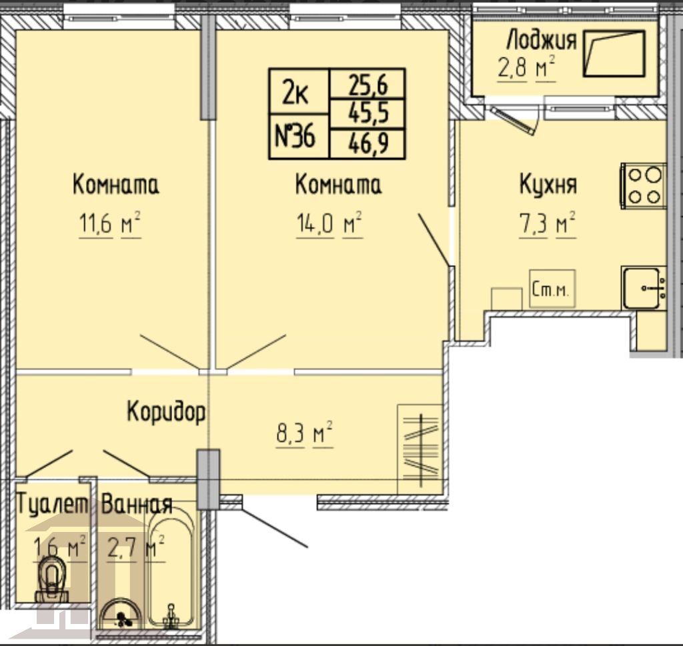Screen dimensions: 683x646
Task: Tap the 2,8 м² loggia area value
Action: pyautogui.click(x=527, y=69)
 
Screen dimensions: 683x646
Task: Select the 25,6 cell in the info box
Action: pyautogui.click(x=368, y=84)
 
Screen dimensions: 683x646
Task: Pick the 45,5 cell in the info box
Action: pyautogui.click(x=368, y=113)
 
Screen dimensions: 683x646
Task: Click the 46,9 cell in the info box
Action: pyautogui.click(x=368, y=143)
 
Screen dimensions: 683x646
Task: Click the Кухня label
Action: pyautogui.click(x=548, y=185)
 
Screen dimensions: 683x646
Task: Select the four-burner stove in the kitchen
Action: pyautogui.click(x=644, y=186)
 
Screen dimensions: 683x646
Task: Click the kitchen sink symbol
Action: pyautogui.click(x=644, y=288)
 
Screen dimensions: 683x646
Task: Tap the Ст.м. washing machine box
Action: pyautogui.click(x=552, y=289)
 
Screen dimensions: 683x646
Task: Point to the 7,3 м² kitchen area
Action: pyautogui.click(x=548, y=224)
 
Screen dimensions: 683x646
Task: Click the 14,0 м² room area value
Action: pyautogui.click(x=329, y=224)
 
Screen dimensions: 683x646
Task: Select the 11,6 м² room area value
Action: pyautogui.click(x=110, y=224)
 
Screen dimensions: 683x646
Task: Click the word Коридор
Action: pyautogui.click(x=166, y=411)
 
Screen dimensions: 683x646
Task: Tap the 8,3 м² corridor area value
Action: pyautogui.click(x=304, y=433)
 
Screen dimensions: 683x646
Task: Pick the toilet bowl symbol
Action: pyautogui.click(x=52, y=579)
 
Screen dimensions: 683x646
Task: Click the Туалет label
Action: pyautogui.click(x=52, y=505)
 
